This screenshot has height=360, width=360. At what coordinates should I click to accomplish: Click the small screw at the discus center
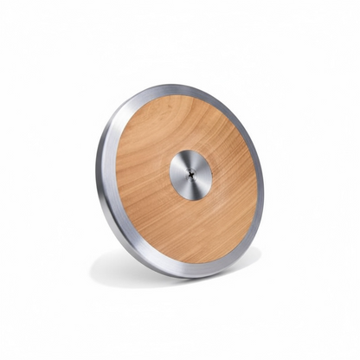190,174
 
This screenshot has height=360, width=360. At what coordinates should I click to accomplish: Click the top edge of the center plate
190,151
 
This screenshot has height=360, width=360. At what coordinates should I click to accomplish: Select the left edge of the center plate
170,176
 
